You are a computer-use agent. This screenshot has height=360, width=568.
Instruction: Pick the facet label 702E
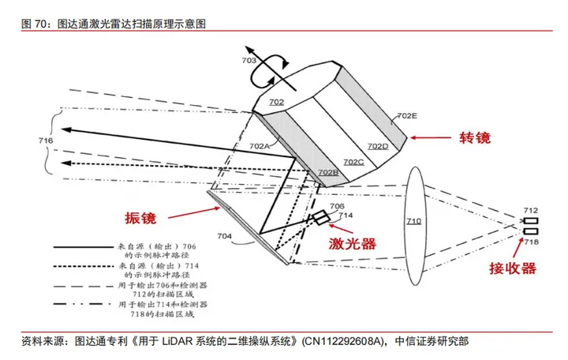pyautogui.click(x=407, y=116)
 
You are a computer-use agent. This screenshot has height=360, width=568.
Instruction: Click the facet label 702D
pyautogui.click(x=378, y=146)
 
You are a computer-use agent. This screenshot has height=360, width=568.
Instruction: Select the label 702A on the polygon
pyautogui.click(x=260, y=146)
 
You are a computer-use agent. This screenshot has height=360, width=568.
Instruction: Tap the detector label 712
pyautogui.click(x=531, y=210)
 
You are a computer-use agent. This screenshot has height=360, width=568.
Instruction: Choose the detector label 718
pyautogui.click(x=531, y=242)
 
